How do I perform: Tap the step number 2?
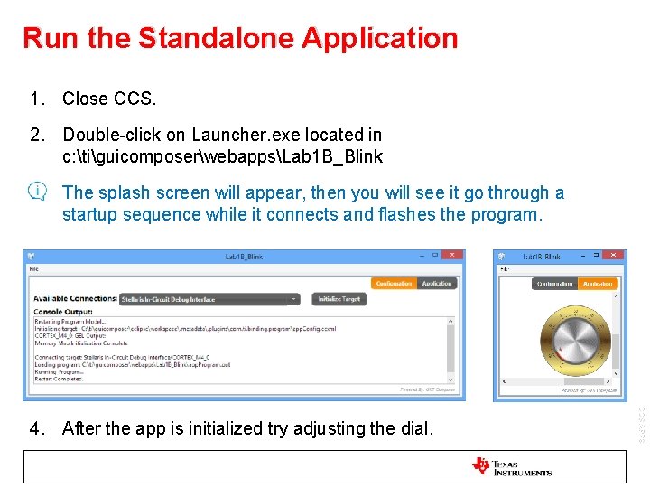(36, 135)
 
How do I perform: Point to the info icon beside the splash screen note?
(37, 192)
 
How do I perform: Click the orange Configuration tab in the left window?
(394, 283)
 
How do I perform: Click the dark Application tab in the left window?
(437, 283)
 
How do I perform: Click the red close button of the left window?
(457, 256)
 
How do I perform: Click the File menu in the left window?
(33, 268)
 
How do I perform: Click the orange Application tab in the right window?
(597, 283)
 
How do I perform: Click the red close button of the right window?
(616, 256)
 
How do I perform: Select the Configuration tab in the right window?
(554, 283)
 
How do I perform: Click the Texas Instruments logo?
(512, 466)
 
